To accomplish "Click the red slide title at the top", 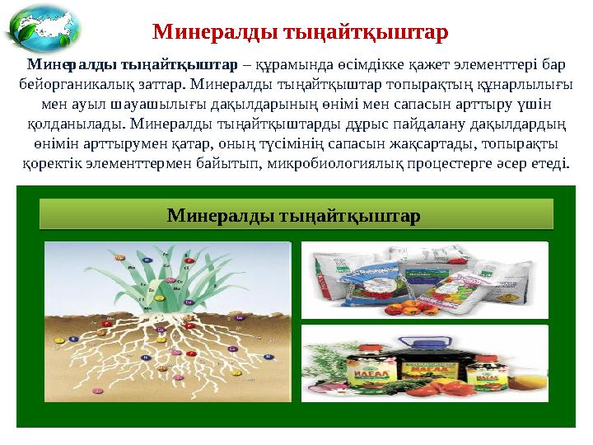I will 301,32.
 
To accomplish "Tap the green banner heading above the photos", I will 296,216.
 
